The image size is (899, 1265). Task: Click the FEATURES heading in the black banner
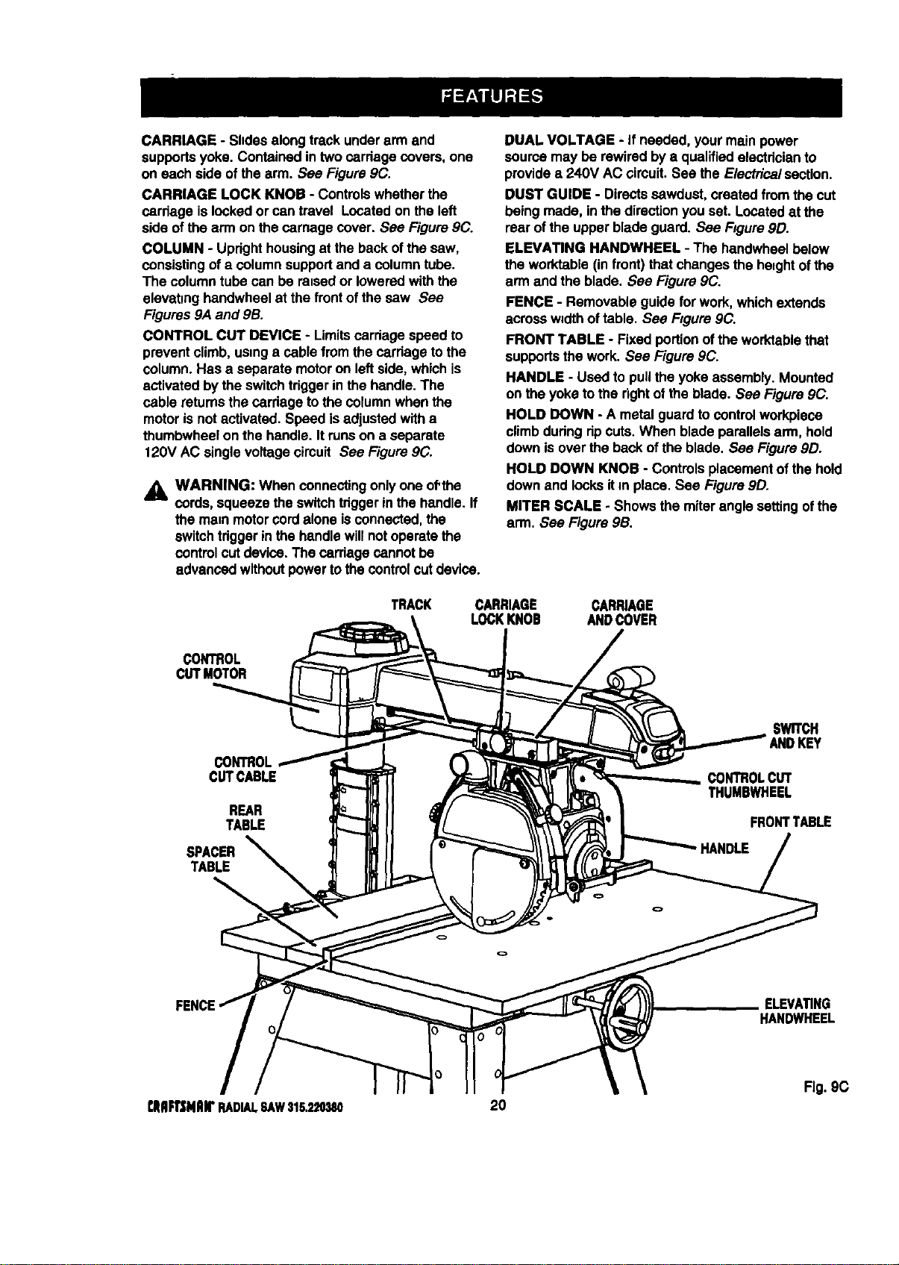click(x=492, y=96)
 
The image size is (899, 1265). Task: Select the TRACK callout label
click(x=411, y=605)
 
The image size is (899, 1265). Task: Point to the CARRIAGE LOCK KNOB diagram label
click(x=506, y=612)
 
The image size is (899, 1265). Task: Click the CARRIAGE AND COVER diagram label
click(x=621, y=613)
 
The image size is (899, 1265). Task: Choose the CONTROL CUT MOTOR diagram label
click(x=211, y=666)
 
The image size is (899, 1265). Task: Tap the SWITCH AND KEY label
click(x=795, y=736)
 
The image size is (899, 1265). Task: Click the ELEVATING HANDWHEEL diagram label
click(x=797, y=1011)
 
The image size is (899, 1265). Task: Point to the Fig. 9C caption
click(x=827, y=1087)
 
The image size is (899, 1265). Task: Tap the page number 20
click(x=498, y=1105)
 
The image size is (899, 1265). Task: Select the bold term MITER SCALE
click(x=553, y=505)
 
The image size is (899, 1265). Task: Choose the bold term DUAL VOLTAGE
click(x=560, y=140)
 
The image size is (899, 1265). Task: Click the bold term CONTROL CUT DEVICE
click(x=222, y=335)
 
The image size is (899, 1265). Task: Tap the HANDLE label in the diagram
click(x=724, y=849)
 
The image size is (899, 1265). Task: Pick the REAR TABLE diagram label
click(x=245, y=818)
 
